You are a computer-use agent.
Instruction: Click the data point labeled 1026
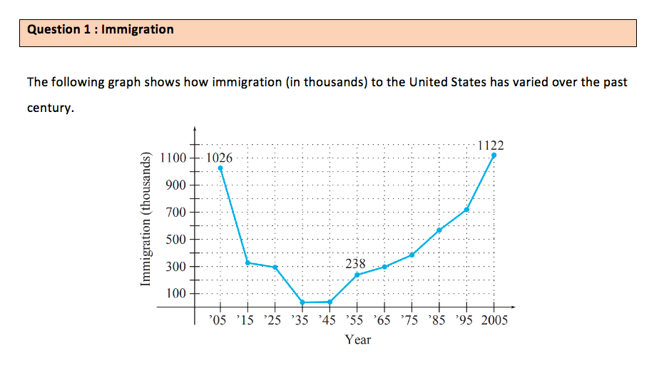click(220, 168)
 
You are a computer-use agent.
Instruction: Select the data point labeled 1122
click(494, 155)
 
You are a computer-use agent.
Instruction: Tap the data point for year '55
click(357, 275)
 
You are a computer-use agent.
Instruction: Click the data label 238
click(355, 264)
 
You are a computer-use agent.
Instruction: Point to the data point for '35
click(302, 302)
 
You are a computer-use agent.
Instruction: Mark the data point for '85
click(439, 230)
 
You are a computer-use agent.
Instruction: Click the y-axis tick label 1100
click(173, 158)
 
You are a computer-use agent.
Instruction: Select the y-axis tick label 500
click(176, 240)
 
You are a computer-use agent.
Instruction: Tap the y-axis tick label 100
click(176, 294)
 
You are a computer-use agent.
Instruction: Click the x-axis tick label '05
click(220, 320)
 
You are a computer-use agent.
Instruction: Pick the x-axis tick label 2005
click(493, 320)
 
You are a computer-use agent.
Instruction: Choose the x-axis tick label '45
click(329, 320)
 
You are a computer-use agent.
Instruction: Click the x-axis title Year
click(357, 339)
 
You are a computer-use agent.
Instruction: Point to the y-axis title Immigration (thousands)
click(146, 220)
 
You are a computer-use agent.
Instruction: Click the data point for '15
click(247, 262)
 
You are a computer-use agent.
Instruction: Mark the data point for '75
click(412, 255)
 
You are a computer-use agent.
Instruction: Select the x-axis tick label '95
click(466, 320)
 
